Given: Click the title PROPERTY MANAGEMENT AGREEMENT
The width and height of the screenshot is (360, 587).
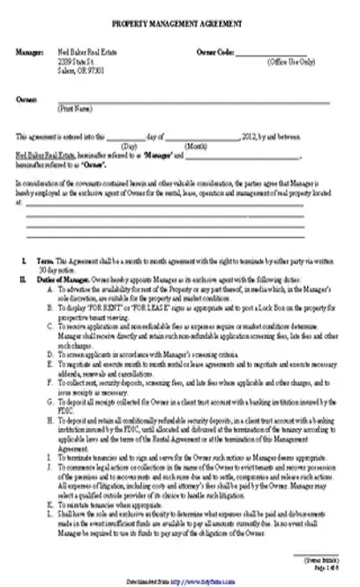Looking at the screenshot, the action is pyautogui.click(x=179, y=27).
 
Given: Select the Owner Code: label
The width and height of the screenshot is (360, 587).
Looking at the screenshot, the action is pyautogui.click(x=215, y=53).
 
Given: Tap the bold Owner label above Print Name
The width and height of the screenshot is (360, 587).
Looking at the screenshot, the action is pyautogui.click(x=26, y=101).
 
